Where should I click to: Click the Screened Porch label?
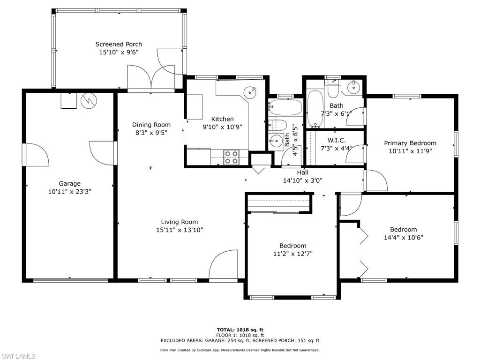[119, 45]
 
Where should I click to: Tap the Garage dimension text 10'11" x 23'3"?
[69, 191]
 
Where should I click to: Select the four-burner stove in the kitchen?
[230, 157]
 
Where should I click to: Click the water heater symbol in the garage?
[88, 100]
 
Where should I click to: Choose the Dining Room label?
[151, 125]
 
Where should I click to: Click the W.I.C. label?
[337, 140]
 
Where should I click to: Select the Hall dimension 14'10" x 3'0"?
[302, 180]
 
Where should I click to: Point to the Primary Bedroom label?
[410, 143]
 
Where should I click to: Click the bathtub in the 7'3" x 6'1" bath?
[315, 109]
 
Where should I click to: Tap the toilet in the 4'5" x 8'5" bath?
[278, 125]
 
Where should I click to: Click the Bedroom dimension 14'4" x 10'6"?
[403, 237]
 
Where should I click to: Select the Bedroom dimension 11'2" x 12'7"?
[292, 254]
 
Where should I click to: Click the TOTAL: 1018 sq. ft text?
[240, 330]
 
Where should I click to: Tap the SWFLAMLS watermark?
[18, 356]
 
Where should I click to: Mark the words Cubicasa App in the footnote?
[223, 350]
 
